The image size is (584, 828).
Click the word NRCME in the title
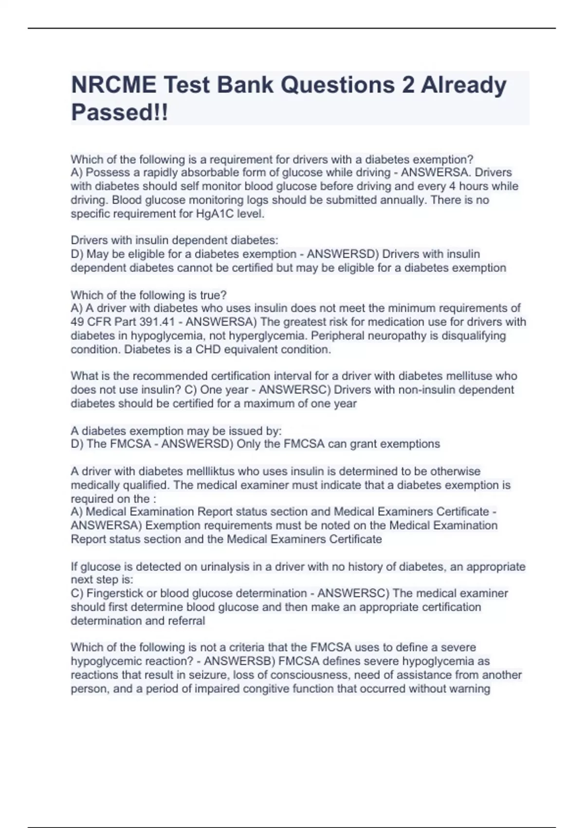(114, 85)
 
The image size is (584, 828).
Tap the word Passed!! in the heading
(119, 113)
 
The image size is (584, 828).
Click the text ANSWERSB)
(234, 661)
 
